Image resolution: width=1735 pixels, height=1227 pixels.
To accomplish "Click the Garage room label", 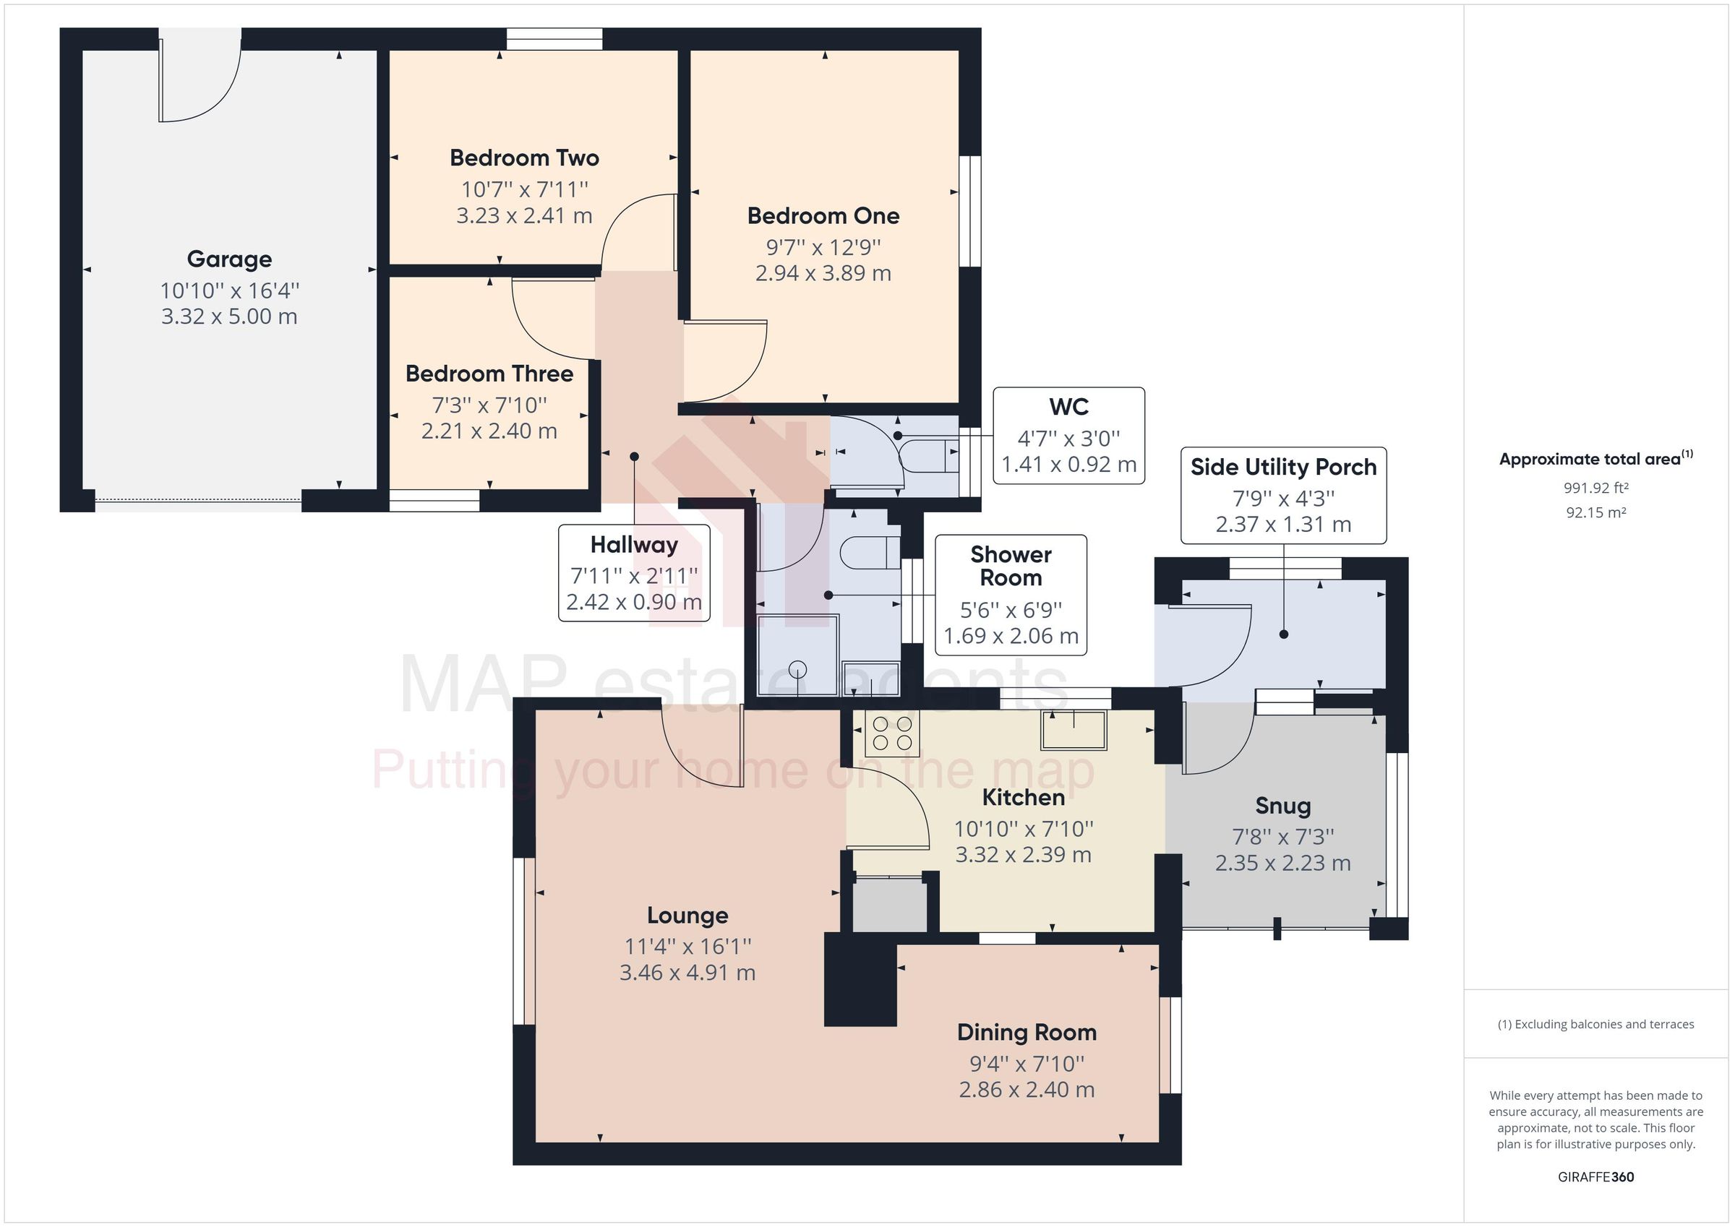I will tap(229, 259).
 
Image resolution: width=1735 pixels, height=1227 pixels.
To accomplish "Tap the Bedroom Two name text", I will tap(523, 158).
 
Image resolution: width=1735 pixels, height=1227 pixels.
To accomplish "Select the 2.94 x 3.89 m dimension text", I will tap(823, 272).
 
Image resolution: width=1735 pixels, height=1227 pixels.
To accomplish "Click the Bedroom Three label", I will tap(489, 374).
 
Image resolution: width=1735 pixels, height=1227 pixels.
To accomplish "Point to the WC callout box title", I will tap(1068, 407).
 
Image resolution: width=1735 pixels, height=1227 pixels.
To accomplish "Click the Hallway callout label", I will tap(634, 544).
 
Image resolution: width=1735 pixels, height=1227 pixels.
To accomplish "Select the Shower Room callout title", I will tap(1011, 566).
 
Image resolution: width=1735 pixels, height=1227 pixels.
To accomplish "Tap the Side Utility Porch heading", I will tap(1283, 467).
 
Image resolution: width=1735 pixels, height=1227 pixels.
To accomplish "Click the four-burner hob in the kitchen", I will tap(892, 733).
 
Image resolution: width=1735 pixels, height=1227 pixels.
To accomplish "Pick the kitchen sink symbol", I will tap(1073, 730).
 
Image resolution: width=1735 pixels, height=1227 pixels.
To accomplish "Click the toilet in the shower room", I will tap(870, 551).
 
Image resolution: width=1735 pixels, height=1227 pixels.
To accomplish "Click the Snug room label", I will tap(1282, 806).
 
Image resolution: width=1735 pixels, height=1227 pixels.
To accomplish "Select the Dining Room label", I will tap(1027, 1032).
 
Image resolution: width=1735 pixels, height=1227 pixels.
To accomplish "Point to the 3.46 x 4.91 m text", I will tap(687, 973).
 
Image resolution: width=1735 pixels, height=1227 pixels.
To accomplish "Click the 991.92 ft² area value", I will tap(1595, 488).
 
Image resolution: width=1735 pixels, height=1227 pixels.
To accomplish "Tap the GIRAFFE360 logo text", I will tap(1595, 1176).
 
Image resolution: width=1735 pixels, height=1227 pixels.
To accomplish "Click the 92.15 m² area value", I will tap(1595, 512).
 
